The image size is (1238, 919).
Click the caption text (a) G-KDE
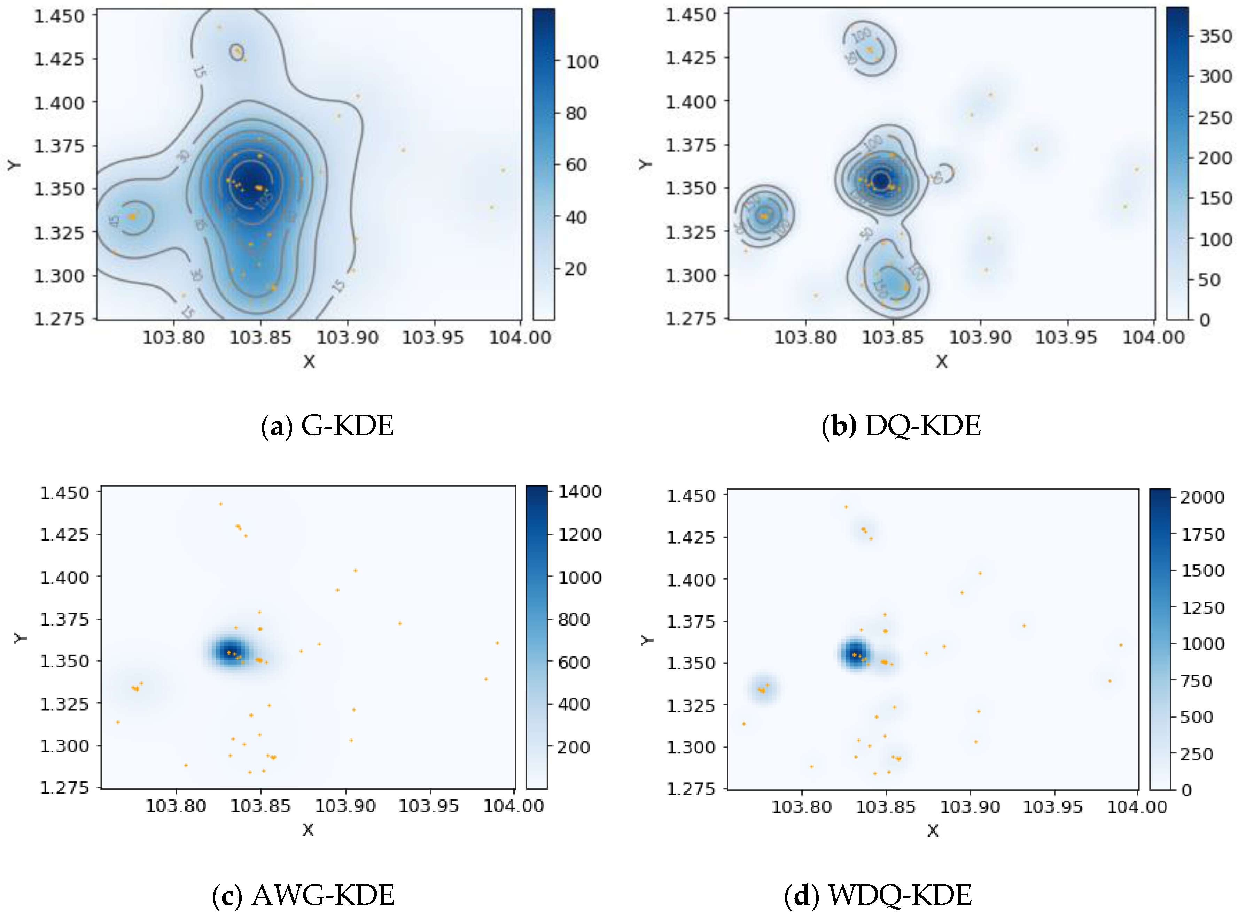pos(327,426)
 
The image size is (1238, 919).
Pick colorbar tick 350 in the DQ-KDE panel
pos(1215,37)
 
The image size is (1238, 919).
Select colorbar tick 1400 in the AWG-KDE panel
pos(579,492)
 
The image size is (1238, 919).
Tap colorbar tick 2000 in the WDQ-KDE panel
pos(1202,497)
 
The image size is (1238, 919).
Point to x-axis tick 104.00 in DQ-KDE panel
pos(1153,338)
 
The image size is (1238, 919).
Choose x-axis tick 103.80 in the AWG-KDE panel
pos(176,806)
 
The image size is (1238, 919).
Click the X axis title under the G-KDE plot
pos(309,362)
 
